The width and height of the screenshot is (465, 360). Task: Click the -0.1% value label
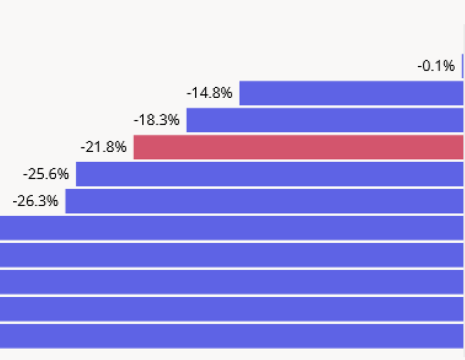click(436, 66)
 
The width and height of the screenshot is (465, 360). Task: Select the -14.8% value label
click(210, 93)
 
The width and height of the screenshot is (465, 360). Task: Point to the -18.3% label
click(157, 120)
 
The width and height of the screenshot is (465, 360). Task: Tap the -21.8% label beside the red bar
click(103, 147)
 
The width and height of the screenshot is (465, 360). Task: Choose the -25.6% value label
click(46, 174)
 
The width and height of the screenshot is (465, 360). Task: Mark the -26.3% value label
click(35, 201)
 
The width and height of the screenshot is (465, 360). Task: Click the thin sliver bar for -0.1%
click(463, 66)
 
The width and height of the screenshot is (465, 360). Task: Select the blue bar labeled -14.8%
click(352, 93)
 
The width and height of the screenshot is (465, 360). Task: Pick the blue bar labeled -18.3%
click(325, 120)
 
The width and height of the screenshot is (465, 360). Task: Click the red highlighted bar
click(299, 147)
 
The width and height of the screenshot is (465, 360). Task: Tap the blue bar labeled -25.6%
click(270, 174)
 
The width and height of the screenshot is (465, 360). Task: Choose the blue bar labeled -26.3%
click(264, 201)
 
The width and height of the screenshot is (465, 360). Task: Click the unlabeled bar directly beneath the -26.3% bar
click(233, 228)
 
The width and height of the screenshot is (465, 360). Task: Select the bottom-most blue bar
click(233, 336)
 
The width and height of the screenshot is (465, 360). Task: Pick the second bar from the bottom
click(233, 308)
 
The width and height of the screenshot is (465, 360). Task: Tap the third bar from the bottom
click(233, 282)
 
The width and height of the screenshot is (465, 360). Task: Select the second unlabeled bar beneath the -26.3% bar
click(233, 254)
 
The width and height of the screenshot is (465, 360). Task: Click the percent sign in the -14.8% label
click(227, 93)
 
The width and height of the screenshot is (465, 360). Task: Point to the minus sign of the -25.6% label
click(25, 174)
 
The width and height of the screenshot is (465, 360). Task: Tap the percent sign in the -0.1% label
click(449, 66)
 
